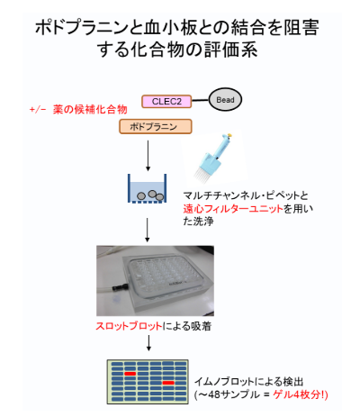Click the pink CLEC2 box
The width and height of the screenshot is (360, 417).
(166, 102)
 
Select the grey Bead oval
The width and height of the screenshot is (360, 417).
(225, 100)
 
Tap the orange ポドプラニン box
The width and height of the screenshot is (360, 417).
(156, 126)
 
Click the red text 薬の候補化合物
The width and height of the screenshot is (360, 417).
(90, 109)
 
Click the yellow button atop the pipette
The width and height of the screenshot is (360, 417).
(229, 135)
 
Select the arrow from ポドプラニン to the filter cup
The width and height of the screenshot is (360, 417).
(148, 156)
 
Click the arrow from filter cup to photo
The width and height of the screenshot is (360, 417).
(147, 230)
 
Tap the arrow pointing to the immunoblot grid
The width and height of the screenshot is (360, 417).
(148, 343)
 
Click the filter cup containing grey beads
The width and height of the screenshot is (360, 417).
(147, 188)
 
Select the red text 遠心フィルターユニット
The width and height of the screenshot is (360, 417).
(233, 208)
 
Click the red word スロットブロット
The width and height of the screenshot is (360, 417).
(129, 326)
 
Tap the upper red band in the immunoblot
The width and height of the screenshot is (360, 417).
(130, 374)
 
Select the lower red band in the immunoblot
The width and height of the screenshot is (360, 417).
(168, 383)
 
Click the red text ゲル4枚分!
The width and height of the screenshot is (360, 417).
(301, 394)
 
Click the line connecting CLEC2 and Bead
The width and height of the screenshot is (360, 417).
(200, 100)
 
